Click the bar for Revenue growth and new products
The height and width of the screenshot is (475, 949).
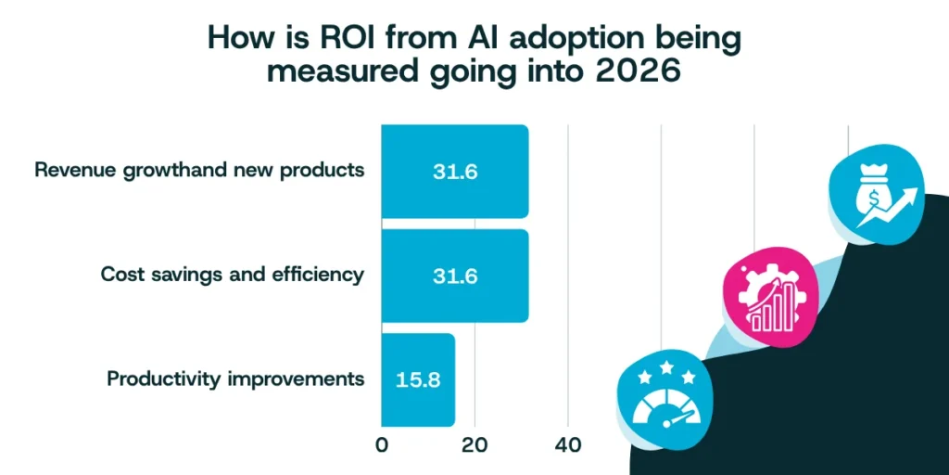pyautogui.click(x=454, y=172)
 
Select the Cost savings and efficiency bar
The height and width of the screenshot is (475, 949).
pyautogui.click(x=454, y=276)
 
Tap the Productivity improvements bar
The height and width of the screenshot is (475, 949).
pyautogui.click(x=417, y=379)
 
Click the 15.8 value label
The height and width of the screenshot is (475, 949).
pyautogui.click(x=418, y=379)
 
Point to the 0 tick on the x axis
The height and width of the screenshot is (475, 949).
pyautogui.click(x=382, y=444)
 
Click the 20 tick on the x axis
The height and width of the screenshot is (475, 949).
pyautogui.click(x=474, y=444)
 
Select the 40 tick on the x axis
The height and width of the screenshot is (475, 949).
pyautogui.click(x=568, y=444)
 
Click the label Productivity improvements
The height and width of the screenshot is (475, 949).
pyautogui.click(x=235, y=379)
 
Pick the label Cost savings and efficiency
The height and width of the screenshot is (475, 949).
pyautogui.click(x=232, y=275)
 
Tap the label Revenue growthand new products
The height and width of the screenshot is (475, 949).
pyautogui.click(x=199, y=171)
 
